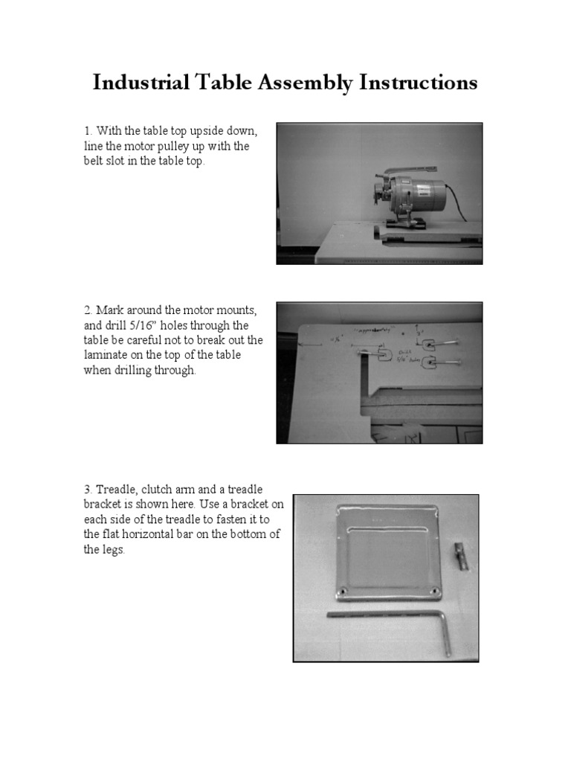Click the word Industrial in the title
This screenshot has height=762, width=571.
coord(142,83)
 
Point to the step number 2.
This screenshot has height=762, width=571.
coord(87,311)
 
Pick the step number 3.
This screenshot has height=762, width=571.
coord(87,490)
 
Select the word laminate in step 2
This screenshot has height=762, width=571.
coord(106,356)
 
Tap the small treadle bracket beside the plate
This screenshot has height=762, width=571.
coord(461,556)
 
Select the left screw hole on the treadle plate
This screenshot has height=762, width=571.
coord(342,591)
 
